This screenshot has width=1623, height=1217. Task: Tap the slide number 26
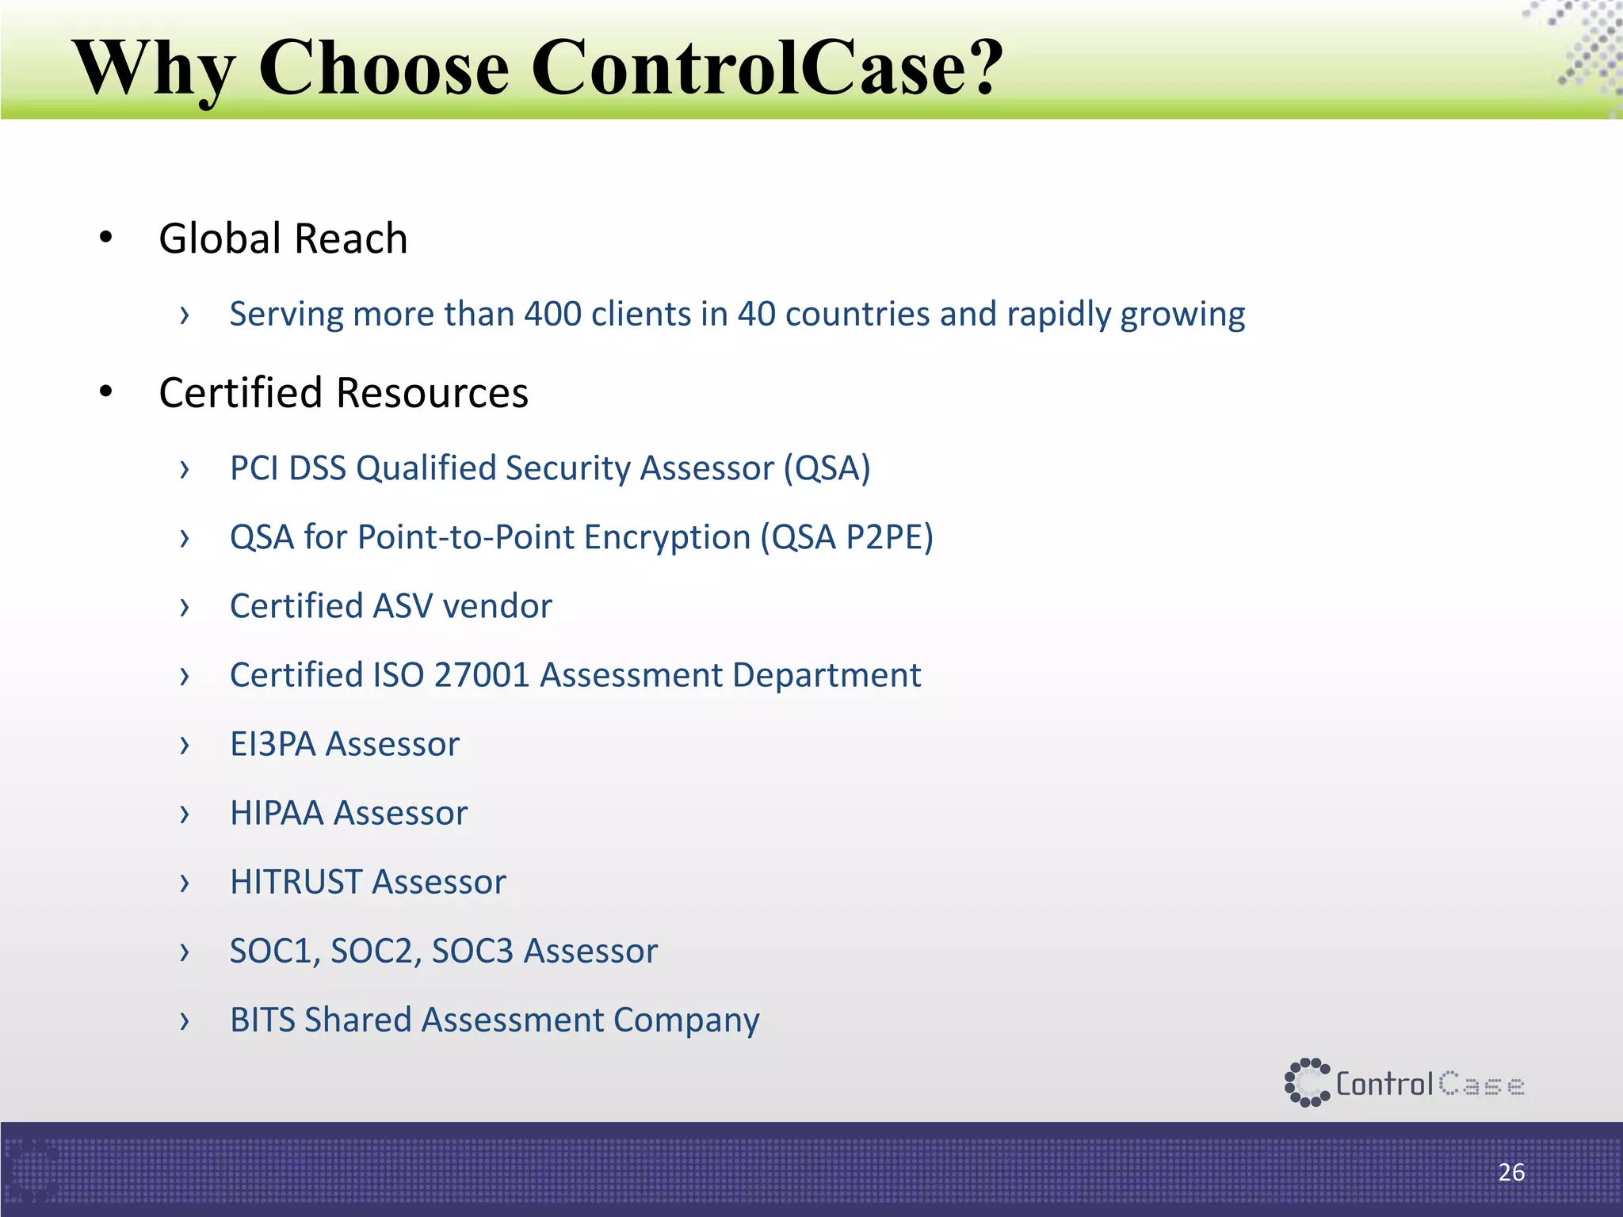pos(1511,1172)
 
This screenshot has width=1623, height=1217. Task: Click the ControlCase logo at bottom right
pos(1403,1082)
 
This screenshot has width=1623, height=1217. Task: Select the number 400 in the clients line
pos(552,314)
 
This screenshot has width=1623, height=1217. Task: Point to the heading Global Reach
pos(283,238)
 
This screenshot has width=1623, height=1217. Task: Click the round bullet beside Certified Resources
pos(106,391)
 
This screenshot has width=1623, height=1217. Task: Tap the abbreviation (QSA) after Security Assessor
pos(827,468)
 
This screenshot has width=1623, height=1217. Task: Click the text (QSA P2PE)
pos(846,537)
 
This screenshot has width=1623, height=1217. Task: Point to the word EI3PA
pos(273,744)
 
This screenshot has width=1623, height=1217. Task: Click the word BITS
pos(262,1020)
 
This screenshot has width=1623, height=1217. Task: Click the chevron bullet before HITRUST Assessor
pos(185,883)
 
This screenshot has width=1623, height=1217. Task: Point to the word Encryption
pos(667,537)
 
